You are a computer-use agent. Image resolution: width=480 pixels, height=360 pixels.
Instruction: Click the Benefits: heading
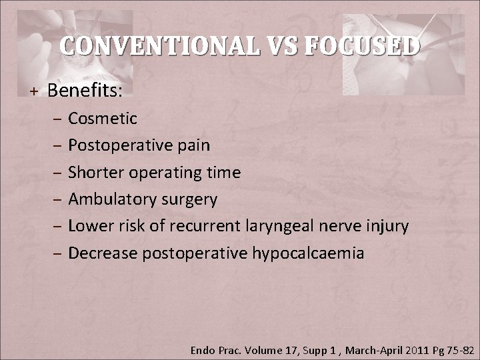pos(85,90)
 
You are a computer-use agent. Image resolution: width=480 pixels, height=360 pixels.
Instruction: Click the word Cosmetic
pos(103,119)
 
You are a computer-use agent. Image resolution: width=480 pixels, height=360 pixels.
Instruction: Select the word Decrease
pos(100,253)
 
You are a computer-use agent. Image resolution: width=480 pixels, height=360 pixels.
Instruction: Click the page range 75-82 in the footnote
pos(459,349)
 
